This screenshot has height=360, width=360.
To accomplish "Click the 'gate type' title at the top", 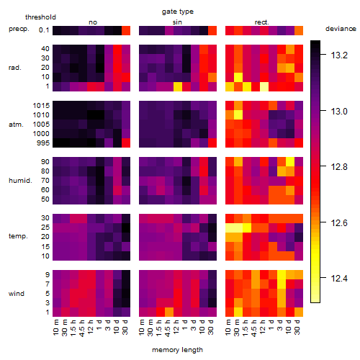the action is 178,12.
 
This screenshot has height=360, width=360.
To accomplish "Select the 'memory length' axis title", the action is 177,350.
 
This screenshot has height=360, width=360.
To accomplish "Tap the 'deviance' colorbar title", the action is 341,29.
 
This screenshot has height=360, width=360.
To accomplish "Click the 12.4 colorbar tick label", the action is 339,279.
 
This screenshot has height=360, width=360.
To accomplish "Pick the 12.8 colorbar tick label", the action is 339,167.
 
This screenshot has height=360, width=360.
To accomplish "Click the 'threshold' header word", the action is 40,17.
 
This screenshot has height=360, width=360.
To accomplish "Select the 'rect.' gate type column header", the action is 261,22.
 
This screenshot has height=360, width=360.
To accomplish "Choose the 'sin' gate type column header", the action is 177,22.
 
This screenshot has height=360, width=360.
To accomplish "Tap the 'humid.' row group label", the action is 20,181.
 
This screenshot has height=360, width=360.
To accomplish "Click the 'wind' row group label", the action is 17,294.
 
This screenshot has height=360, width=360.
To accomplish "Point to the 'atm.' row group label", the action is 16,125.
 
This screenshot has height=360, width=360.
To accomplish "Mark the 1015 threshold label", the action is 41,106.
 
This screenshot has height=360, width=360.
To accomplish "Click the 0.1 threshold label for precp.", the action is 44,30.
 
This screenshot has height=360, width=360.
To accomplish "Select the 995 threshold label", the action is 43,143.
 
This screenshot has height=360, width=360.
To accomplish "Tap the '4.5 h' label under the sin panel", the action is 168,328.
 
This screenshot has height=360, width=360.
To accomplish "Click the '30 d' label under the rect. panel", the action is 297,327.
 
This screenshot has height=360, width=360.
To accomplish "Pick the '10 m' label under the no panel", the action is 55,328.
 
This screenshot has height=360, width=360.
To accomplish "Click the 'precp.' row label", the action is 19,29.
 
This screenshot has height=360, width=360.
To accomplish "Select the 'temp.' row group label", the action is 18,236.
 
